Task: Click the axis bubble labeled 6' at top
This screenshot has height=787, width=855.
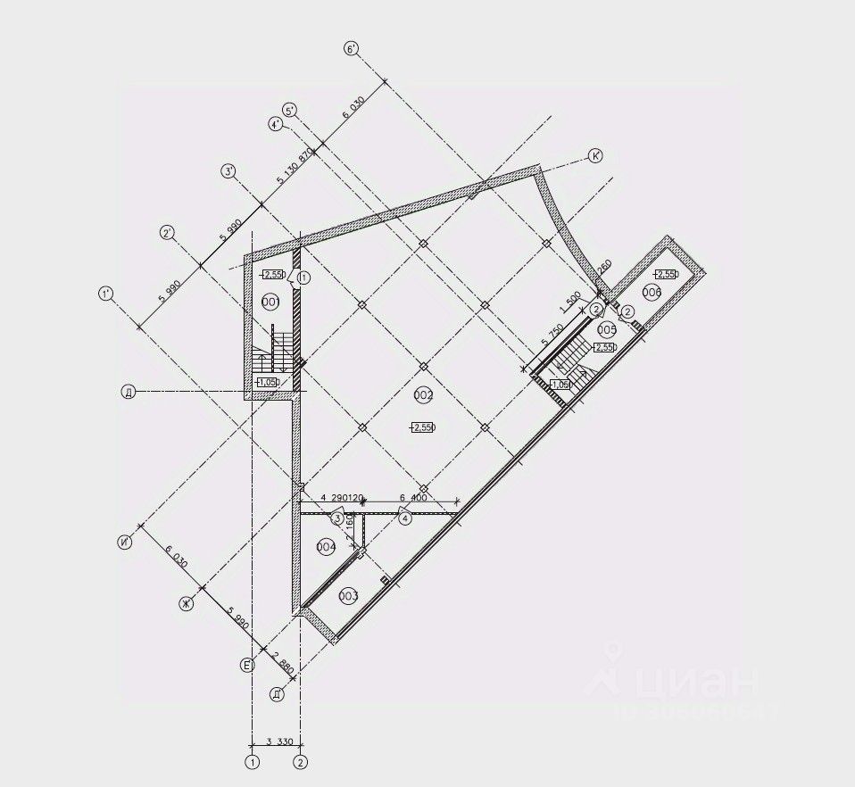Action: click(352, 48)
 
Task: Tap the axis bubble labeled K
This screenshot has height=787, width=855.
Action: click(595, 155)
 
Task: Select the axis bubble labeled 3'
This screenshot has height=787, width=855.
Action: click(229, 170)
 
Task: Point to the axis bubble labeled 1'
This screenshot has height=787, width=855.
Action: click(106, 293)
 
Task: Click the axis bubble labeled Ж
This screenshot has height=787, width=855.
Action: click(187, 604)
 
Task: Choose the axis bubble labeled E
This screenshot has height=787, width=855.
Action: click(248, 664)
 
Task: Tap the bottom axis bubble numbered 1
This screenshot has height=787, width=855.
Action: click(253, 762)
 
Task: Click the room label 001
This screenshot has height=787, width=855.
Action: click(271, 303)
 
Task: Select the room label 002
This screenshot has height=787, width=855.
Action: click(423, 394)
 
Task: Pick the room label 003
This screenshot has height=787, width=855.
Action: click(348, 595)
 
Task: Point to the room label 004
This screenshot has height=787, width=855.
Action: click(326, 546)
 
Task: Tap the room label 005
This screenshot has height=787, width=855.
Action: click(607, 327)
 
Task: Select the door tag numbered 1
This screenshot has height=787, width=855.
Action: click(303, 278)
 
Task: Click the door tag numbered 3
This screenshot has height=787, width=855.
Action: click(337, 518)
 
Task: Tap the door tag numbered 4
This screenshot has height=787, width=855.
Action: click(404, 518)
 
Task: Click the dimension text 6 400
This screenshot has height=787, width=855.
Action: click(412, 498)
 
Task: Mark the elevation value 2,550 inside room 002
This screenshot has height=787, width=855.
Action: click(423, 428)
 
